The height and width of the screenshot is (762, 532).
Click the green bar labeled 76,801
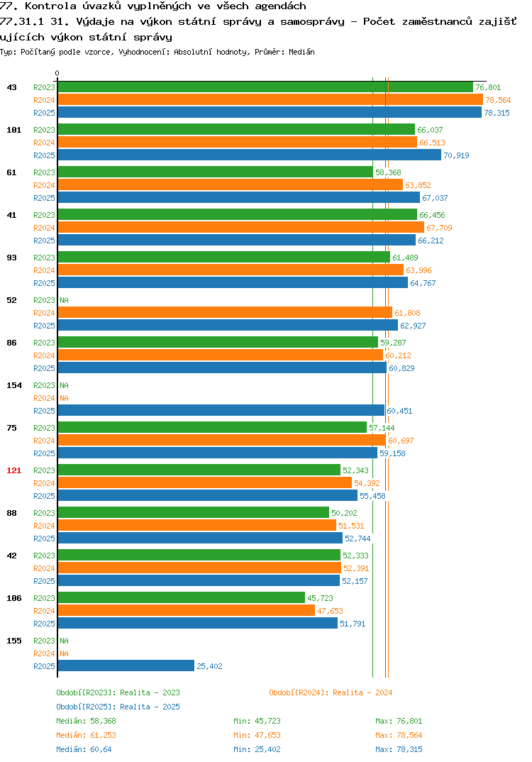(265, 87)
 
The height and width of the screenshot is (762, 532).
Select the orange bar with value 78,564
(271, 99)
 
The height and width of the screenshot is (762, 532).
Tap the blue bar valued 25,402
(126, 666)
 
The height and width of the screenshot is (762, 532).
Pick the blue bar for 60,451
(221, 410)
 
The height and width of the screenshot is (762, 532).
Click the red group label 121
(14, 470)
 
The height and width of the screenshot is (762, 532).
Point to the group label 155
(14, 641)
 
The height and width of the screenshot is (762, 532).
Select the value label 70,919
(456, 155)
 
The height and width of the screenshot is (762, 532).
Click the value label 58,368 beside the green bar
(388, 172)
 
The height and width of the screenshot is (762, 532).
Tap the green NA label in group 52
(64, 300)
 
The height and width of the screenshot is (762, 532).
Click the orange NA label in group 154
(64, 398)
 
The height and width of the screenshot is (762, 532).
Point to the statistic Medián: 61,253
(86, 735)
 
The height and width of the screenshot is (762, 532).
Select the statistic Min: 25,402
(257, 749)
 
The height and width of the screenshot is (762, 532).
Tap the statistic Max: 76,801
(399, 721)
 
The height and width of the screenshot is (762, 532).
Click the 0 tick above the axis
(57, 73)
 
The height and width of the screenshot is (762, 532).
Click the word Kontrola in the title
(50, 6)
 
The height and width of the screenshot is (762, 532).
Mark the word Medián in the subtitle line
(301, 52)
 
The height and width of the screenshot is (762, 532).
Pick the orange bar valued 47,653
(187, 610)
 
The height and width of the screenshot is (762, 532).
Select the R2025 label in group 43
(44, 113)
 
